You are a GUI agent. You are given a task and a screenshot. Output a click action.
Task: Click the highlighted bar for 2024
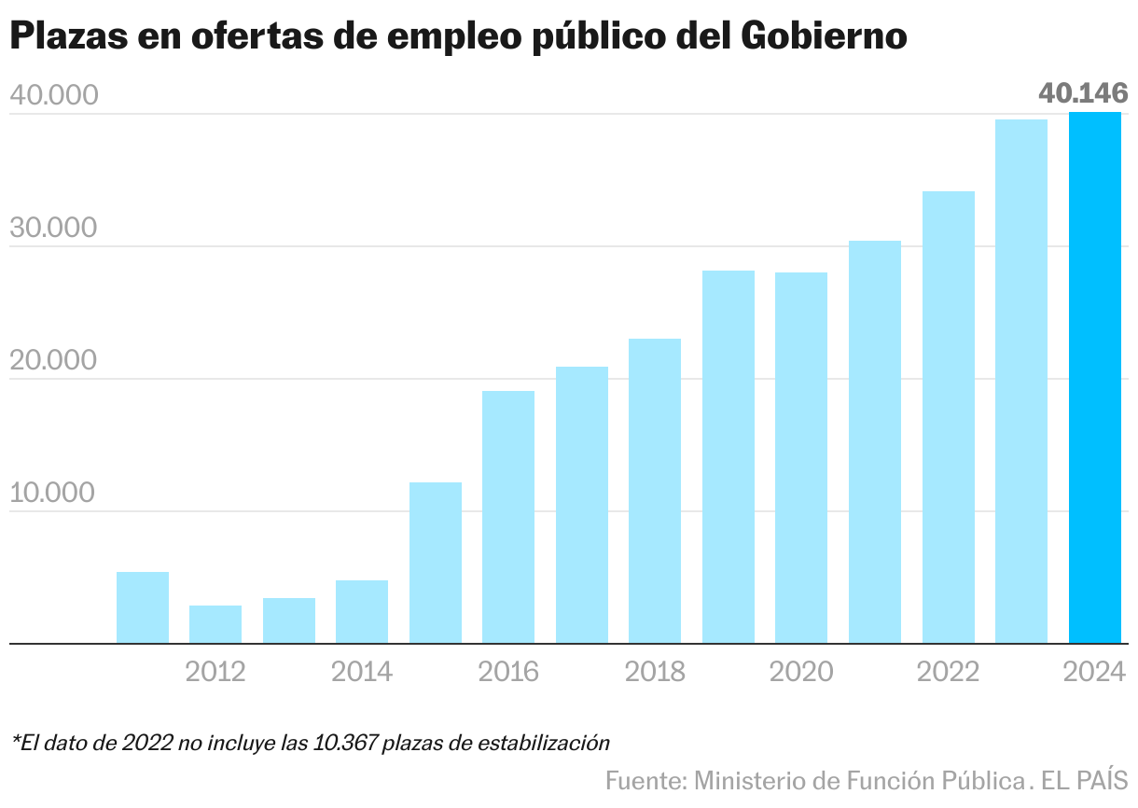point(1094,378)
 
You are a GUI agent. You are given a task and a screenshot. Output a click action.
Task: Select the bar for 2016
point(508,517)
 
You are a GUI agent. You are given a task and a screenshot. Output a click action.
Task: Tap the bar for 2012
point(215,624)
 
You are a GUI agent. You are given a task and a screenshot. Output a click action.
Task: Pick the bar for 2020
point(801,457)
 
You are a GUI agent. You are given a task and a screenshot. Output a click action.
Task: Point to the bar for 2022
point(948,417)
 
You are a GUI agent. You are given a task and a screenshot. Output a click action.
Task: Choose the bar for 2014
point(362,612)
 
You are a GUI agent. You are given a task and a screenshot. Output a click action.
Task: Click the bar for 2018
point(655,491)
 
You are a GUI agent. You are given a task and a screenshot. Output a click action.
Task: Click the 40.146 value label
point(1083,93)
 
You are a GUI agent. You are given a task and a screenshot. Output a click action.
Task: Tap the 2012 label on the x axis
point(215,672)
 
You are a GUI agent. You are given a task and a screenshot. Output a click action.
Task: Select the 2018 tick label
point(655,672)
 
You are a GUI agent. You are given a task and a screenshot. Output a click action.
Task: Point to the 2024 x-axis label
point(1094,672)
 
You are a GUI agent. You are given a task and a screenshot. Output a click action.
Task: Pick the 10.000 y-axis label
point(54,493)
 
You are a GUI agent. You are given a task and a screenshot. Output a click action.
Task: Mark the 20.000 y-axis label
point(54,360)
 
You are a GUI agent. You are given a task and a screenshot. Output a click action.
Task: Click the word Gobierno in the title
point(825,36)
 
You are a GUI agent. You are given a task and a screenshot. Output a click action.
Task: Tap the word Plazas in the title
point(65,36)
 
